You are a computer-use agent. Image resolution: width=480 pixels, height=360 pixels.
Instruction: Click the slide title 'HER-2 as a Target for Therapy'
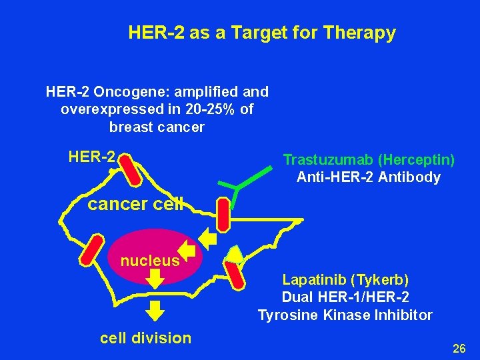pyautogui.click(x=262, y=32)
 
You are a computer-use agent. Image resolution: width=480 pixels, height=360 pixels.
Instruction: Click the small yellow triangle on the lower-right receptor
pyautogui.click(x=234, y=253)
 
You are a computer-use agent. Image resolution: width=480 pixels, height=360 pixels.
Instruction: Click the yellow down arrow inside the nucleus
pyautogui.click(x=154, y=278)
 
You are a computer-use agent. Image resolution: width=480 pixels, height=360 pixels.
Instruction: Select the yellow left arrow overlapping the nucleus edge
pyautogui.click(x=188, y=251)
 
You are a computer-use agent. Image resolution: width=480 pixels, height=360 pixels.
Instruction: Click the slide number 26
pyautogui.click(x=459, y=348)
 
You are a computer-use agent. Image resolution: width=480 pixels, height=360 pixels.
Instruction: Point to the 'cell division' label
pyautogui.click(x=145, y=338)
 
